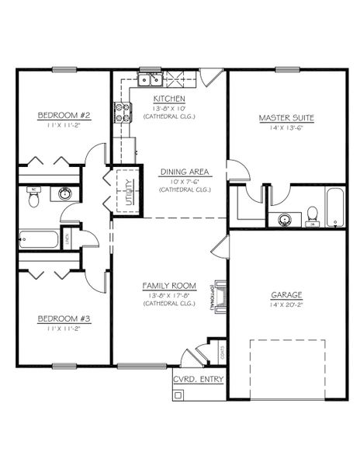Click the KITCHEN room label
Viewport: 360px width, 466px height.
pos(168,99)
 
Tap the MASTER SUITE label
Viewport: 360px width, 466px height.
pos(286,118)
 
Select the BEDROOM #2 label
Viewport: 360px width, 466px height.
pos(64,116)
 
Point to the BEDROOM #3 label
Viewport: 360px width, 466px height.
pos(64,318)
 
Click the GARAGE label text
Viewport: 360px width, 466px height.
pos(286,295)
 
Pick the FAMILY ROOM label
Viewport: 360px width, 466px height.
pos(168,285)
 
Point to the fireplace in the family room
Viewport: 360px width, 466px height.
pos(220,295)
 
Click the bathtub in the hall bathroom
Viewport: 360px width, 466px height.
pos(38,238)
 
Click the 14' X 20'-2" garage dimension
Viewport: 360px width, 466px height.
pos(286,307)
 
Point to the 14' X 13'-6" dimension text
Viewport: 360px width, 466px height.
pos(286,129)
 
